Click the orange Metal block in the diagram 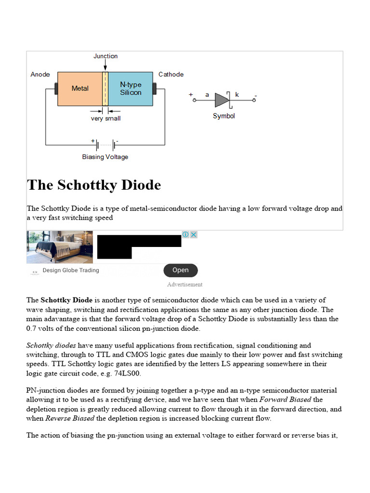[80, 89]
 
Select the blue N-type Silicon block [131, 89]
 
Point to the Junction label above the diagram [106, 56]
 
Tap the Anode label [40, 75]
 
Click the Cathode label [171, 75]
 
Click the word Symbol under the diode [224, 116]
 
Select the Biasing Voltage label [105, 157]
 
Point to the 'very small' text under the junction [106, 118]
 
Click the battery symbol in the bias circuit [106, 145]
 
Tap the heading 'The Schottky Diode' [94, 185]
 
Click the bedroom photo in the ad [60, 247]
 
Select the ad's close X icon [194, 234]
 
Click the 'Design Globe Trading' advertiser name [71, 271]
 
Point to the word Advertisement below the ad [185, 285]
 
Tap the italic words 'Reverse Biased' [70, 418]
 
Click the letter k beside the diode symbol [237, 95]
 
